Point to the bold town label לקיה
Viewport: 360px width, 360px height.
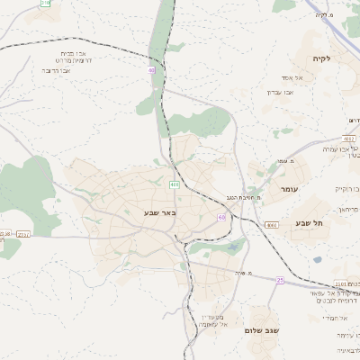(321, 58)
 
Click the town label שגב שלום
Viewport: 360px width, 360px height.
(262, 330)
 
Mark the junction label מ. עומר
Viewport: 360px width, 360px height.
(275, 160)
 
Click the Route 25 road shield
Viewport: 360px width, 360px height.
(280, 280)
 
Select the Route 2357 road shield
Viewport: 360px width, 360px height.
(23, 234)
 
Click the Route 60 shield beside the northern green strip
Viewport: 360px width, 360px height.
(152, 68)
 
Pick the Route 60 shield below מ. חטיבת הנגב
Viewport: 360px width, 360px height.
(221, 217)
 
